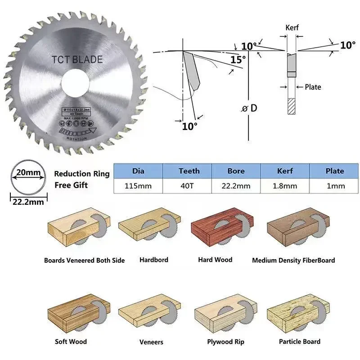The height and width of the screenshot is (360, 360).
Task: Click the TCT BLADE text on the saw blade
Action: coord(77,59)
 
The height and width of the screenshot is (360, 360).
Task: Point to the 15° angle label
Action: coord(238,59)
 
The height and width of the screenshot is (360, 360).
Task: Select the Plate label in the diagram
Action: coord(313,87)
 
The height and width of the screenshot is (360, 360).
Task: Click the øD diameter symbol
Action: coord(250,108)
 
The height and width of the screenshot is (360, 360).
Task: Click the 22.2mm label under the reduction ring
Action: coord(28,202)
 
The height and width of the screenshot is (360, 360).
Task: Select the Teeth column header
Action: coord(189,171)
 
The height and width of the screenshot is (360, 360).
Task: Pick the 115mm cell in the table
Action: coord(138,186)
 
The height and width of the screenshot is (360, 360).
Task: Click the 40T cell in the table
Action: coord(189,186)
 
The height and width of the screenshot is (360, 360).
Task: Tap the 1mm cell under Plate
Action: coord(334,186)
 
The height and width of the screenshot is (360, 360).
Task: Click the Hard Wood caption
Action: coord(215,260)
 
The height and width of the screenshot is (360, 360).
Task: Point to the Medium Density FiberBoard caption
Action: coord(293,260)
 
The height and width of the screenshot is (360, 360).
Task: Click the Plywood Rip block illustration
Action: coord(225,315)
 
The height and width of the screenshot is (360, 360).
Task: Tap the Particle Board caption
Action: coord(299,342)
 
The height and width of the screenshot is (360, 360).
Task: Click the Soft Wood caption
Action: coord(71,342)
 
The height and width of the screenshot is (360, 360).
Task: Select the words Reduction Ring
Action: coord(81,174)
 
